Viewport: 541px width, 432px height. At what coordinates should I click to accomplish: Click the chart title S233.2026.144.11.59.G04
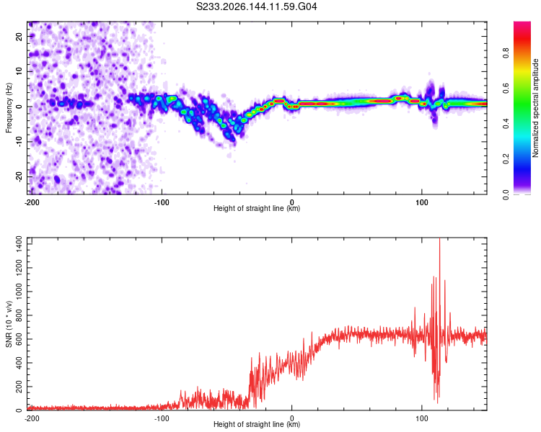pos(256,6)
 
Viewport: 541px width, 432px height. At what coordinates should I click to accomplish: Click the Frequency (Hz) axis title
pos(9,108)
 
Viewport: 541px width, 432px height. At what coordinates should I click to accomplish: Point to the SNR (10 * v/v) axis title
pos(9,324)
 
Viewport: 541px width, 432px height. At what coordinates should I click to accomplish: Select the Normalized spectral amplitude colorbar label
pos(535,108)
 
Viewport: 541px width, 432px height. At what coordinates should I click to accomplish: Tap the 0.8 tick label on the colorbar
pos(506,53)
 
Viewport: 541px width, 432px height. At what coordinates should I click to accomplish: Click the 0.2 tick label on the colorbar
pos(506,159)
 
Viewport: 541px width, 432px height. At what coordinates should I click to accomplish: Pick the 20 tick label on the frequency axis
pos(19,36)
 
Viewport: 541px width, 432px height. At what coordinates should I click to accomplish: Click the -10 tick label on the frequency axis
pos(19,142)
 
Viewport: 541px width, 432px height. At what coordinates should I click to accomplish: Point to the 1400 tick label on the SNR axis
pos(19,244)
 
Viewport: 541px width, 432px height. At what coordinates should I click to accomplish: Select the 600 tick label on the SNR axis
pos(19,339)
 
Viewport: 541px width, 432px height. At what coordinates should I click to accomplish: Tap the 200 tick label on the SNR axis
pos(19,387)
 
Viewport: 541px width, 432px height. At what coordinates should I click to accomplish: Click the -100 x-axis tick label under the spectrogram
pos(162,202)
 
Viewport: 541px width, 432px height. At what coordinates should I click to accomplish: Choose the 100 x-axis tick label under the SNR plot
pos(422,418)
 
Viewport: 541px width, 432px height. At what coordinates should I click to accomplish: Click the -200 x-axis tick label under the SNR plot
pos(32,418)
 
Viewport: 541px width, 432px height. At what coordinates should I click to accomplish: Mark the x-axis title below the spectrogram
pos(257,208)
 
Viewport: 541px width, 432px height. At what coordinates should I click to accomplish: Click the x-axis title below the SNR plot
pos(257,424)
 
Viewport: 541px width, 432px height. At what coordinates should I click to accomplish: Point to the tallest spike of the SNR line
pos(439,239)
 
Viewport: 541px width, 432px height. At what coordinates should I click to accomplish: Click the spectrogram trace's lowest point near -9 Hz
pos(233,140)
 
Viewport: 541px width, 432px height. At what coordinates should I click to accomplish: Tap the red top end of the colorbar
pos(522,24)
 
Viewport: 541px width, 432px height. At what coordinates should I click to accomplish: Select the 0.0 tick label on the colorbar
pos(506,195)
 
